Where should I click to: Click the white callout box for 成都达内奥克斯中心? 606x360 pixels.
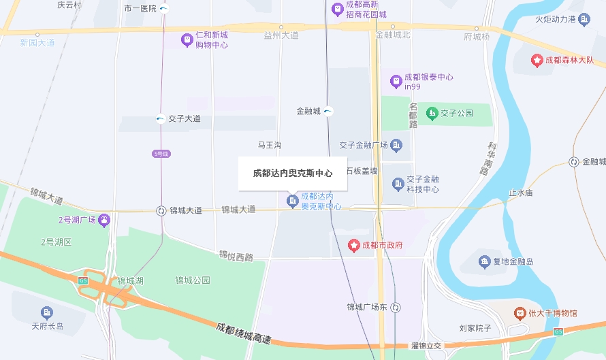click(x=293, y=174)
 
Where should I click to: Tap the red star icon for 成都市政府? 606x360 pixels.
click(x=354, y=245)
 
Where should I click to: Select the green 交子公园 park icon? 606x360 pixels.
click(x=431, y=113)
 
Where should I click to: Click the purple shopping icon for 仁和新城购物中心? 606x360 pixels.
click(x=187, y=40)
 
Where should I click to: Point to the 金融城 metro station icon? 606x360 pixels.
click(x=328, y=111)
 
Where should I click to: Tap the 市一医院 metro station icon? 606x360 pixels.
click(x=165, y=9)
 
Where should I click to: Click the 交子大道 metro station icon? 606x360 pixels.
click(x=160, y=118)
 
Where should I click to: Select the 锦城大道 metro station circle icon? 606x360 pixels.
click(x=161, y=211)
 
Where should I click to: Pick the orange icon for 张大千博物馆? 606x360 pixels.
click(x=520, y=313)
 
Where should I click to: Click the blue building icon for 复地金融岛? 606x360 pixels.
click(x=484, y=261)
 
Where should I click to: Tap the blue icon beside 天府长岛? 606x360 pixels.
click(x=47, y=313)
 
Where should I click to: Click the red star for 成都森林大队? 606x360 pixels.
click(x=537, y=61)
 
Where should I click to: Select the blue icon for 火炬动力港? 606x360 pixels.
click(x=584, y=19)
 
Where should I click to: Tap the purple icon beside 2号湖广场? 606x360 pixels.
click(x=103, y=220)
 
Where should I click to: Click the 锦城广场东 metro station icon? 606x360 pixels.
click(x=396, y=308)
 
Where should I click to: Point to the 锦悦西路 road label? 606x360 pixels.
click(x=236, y=256)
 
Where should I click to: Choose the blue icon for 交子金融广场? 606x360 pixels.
click(x=397, y=145)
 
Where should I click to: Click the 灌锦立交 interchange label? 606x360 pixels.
click(x=426, y=346)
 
